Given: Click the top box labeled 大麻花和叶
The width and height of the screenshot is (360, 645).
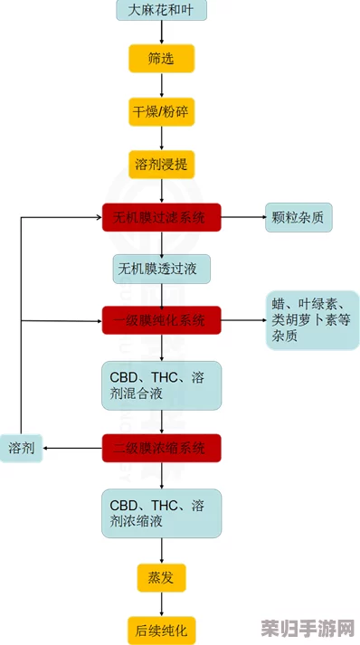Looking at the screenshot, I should pyautogui.click(x=161, y=11).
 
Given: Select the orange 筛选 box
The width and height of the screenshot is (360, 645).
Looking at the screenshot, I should pyautogui.click(x=161, y=60).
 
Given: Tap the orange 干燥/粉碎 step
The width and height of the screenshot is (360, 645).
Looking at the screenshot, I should pyautogui.click(x=161, y=112).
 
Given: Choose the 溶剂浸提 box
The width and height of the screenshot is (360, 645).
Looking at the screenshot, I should pyautogui.click(x=161, y=165).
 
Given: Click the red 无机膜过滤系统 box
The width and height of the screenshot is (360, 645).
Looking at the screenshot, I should pyautogui.click(x=161, y=217).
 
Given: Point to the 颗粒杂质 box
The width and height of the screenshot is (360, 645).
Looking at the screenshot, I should pyautogui.click(x=301, y=217).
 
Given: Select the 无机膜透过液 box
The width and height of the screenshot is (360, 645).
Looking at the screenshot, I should pyautogui.click(x=161, y=269).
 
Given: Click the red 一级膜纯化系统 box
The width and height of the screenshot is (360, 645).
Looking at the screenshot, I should pyautogui.click(x=161, y=320).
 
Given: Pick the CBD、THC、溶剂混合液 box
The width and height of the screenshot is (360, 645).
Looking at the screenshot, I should pyautogui.click(x=161, y=384).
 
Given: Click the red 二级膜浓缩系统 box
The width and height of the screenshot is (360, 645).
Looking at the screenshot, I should pyautogui.click(x=161, y=448).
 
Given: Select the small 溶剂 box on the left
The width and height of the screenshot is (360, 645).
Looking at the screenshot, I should pyautogui.click(x=22, y=448).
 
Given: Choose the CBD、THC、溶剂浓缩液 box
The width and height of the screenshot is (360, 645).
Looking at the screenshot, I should pyautogui.click(x=161, y=513).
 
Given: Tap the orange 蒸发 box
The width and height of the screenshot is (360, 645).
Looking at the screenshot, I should pyautogui.click(x=161, y=577).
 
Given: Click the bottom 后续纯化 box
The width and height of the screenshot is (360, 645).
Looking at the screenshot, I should pyautogui.click(x=161, y=630).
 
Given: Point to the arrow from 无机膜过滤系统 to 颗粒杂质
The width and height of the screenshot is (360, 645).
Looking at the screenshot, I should pyautogui.click(x=242, y=217).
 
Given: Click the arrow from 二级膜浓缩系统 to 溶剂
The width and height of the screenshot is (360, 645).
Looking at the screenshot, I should pyautogui.click(x=72, y=448).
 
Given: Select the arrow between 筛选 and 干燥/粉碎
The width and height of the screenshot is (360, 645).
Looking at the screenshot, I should pyautogui.click(x=161, y=86).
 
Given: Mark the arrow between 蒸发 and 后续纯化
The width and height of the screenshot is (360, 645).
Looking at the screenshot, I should pyautogui.click(x=161, y=603).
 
